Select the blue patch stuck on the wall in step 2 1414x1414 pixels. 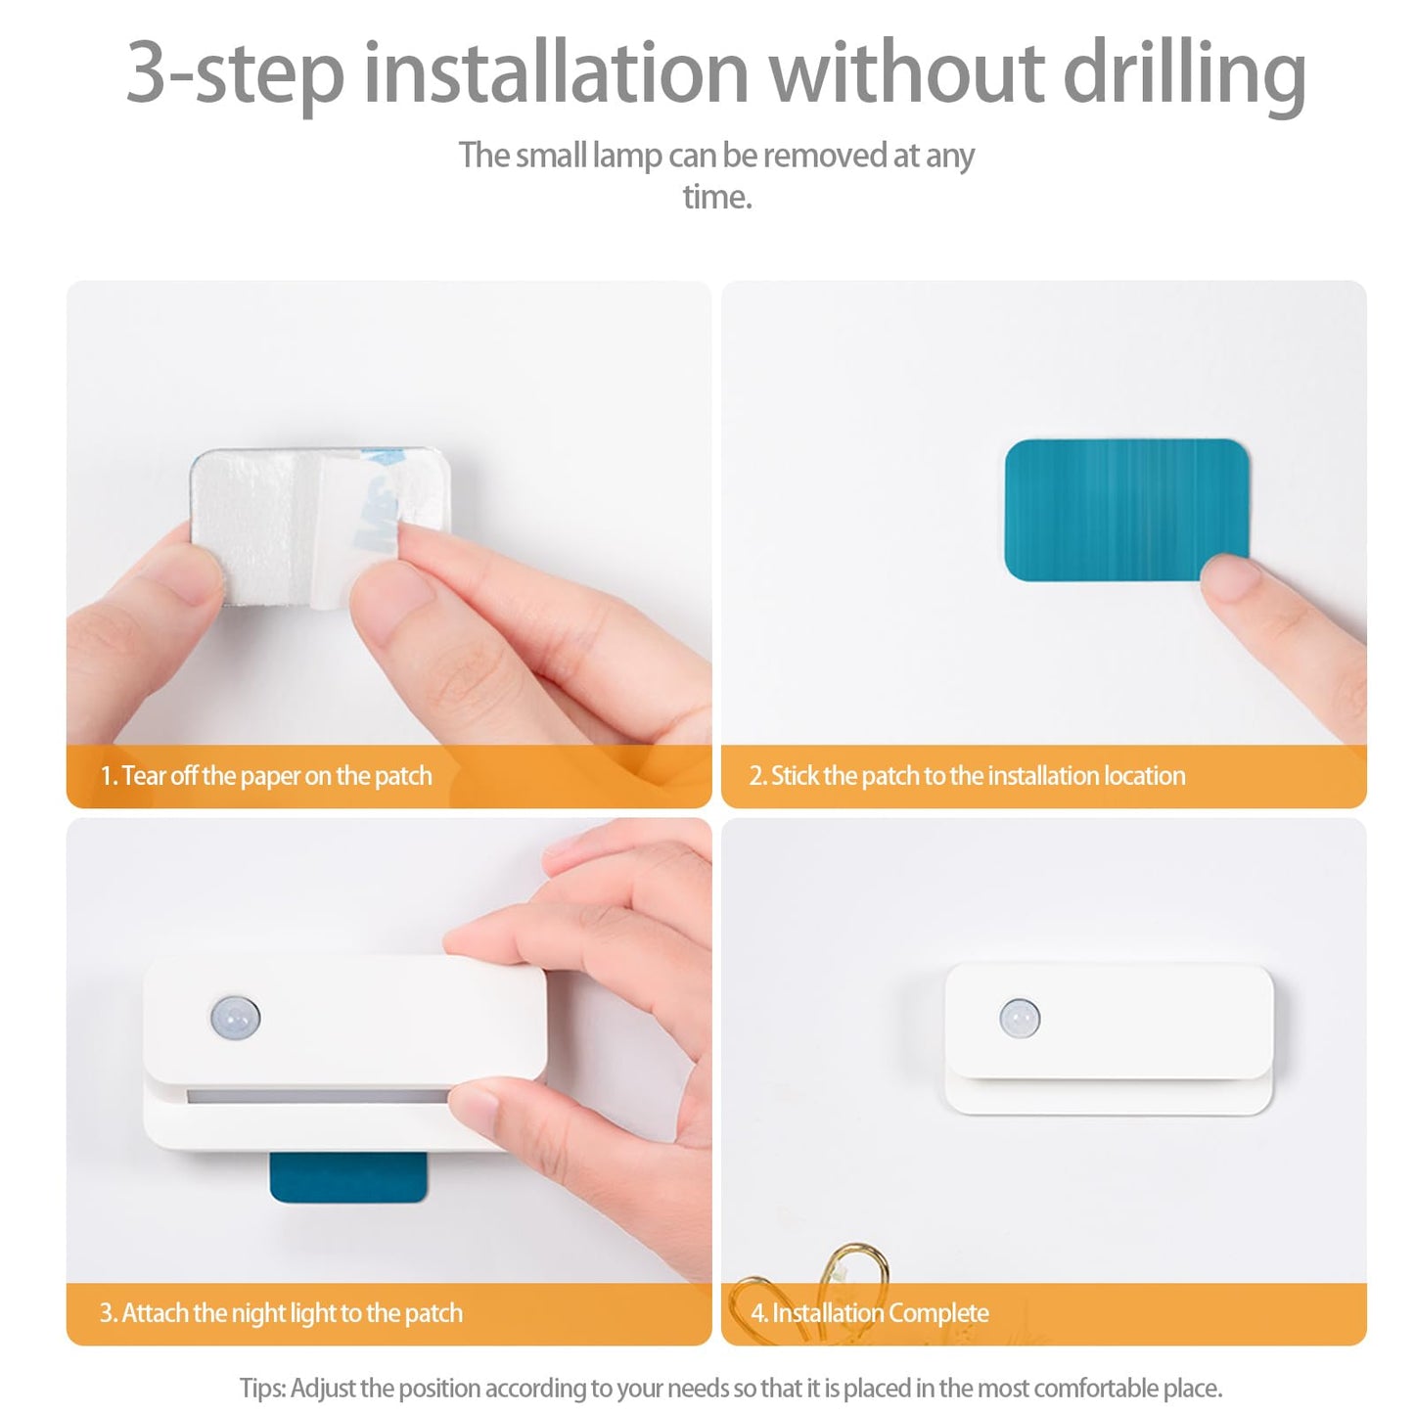(x=1126, y=510)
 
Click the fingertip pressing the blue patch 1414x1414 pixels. (x=1229, y=578)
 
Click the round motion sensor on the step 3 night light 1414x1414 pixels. (x=235, y=1018)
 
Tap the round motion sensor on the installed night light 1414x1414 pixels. (x=1020, y=1018)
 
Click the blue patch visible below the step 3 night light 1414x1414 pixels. (x=347, y=1177)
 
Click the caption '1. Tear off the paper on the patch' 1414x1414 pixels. (x=266, y=776)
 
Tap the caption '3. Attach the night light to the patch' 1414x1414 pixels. (x=281, y=1313)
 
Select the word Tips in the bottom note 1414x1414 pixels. (x=262, y=1389)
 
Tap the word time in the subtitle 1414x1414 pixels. (x=717, y=197)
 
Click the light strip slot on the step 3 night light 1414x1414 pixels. (x=317, y=1096)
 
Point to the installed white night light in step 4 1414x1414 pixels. (x=1109, y=1039)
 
